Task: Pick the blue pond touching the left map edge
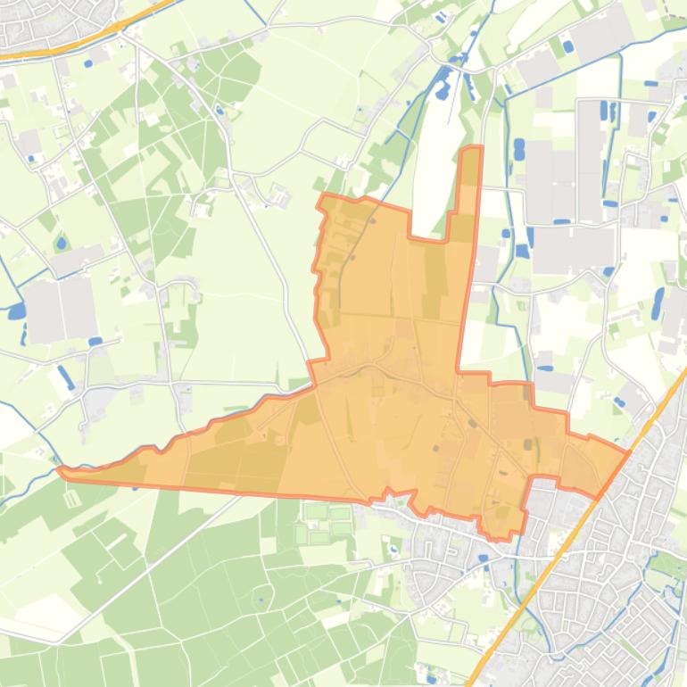pos(15,311)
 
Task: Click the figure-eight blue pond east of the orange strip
pos(518,149)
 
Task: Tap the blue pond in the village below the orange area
pos(483,559)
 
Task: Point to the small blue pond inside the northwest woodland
pos(219,111)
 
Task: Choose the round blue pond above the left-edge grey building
pos(61,243)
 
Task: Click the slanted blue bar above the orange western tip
pos(65,377)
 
